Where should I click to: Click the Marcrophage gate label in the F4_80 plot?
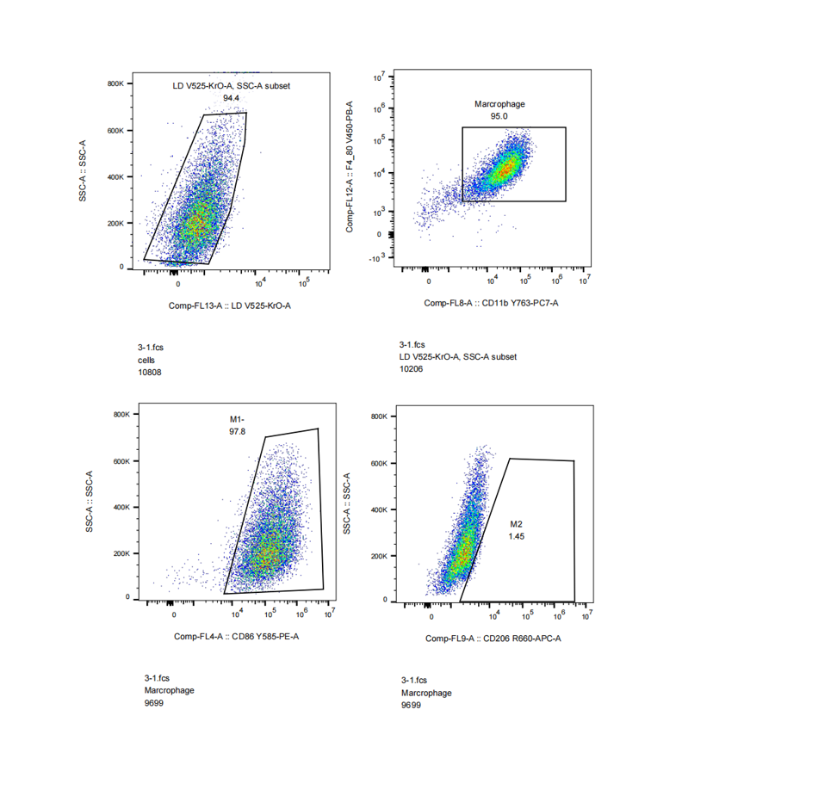click(499, 104)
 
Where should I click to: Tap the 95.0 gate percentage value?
click(499, 116)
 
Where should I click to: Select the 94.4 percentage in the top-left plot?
click(231, 98)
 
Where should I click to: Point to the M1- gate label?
click(238, 419)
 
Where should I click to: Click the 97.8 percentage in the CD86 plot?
click(238, 431)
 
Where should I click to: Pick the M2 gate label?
click(517, 523)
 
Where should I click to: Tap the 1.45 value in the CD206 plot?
click(517, 535)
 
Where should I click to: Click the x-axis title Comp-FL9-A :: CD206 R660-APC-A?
click(493, 639)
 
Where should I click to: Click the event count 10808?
click(149, 373)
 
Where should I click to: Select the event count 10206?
click(412, 369)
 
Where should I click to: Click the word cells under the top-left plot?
click(147, 360)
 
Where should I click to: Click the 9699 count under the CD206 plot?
click(411, 706)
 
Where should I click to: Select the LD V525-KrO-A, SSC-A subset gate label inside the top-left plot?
click(231, 86)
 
